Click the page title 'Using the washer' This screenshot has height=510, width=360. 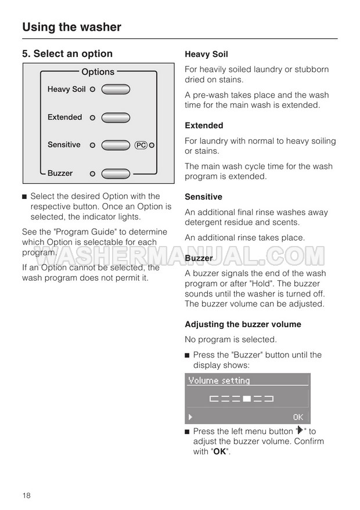71,27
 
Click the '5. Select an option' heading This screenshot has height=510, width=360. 67,54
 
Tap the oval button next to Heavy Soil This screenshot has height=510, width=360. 116,89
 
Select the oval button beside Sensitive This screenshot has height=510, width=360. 116,145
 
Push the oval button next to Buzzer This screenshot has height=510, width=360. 116,173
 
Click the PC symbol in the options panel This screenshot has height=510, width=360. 141,145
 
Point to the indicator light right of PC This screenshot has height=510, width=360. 151,145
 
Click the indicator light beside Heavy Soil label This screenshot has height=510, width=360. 92,89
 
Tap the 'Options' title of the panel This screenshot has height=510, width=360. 98,72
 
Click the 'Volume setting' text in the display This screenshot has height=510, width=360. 218,381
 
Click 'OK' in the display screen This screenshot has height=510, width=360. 298,417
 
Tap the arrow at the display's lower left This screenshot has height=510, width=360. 190,417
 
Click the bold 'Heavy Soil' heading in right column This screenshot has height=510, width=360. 206,55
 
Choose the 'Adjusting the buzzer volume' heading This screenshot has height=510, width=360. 243,324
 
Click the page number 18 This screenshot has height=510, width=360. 27,495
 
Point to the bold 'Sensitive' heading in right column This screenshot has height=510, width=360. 203,197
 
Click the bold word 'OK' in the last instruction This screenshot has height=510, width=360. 219,451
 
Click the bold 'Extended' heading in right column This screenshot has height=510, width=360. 204,125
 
